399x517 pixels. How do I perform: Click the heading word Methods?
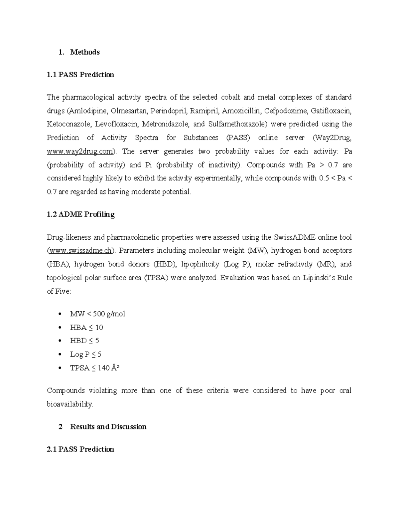[85, 52]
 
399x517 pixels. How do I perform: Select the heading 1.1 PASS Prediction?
[80, 75]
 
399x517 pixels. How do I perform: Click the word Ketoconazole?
[69, 124]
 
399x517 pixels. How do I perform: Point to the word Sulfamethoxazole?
[237, 124]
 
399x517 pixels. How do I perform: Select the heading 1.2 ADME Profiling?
[81, 214]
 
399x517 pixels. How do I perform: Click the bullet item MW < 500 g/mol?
[97, 314]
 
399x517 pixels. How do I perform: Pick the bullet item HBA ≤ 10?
[86, 328]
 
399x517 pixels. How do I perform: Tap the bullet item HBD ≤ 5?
[84, 341]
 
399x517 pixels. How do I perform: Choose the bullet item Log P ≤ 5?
[85, 355]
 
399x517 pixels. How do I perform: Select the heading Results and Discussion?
[108, 427]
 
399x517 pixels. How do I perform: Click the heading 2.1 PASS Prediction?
[80, 449]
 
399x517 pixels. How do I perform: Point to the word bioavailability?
[70, 404]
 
